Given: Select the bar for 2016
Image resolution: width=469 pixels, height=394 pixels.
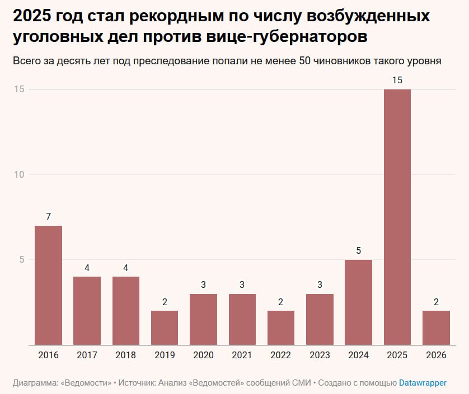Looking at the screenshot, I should (48, 285).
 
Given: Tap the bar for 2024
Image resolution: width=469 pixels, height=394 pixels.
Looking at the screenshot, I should (358, 302).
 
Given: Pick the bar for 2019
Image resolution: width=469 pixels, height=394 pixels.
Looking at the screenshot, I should (165, 327).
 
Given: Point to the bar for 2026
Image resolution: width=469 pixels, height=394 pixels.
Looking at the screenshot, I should (436, 327).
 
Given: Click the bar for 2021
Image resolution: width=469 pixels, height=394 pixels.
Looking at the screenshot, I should (242, 319).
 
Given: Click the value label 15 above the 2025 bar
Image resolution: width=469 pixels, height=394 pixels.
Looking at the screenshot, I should (397, 80).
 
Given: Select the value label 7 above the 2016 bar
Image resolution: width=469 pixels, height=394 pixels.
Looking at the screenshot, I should (48, 217).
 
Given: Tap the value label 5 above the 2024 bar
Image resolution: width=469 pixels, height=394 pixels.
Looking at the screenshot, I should (358, 251).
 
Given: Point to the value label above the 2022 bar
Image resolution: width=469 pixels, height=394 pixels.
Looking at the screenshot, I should (281, 302).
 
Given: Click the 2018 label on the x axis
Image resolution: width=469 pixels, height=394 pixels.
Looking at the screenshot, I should (126, 355).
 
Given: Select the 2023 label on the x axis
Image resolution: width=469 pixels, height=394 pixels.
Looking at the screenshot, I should (320, 355).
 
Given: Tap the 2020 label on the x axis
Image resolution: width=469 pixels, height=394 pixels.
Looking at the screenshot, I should (203, 355).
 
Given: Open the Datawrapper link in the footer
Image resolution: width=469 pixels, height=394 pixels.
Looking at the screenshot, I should (423, 383).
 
